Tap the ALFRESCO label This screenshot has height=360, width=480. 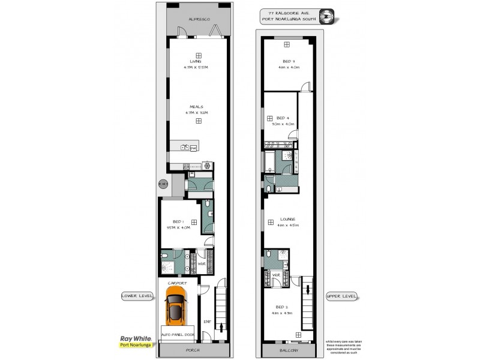click(198, 20)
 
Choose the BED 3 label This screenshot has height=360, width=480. click(289, 61)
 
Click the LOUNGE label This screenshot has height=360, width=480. click(289, 220)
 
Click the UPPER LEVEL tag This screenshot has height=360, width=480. click(341, 296)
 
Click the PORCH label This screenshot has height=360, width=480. click(193, 350)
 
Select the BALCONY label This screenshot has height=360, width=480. click(289, 350)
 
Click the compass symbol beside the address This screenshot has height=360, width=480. click(327, 17)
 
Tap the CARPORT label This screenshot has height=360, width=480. click(178, 283)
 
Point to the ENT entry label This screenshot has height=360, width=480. click(207, 322)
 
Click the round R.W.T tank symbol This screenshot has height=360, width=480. click(163, 184)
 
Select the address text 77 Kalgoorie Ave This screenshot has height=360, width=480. click(289, 13)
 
